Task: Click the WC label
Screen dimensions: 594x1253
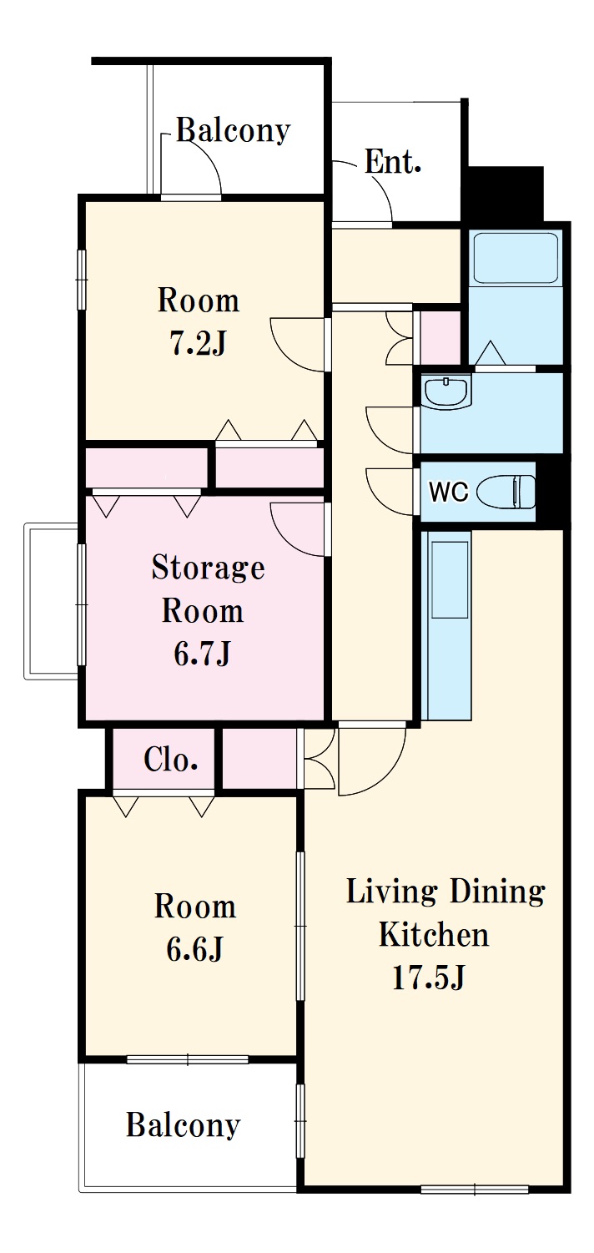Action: point(448,492)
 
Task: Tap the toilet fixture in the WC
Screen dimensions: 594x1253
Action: point(507,492)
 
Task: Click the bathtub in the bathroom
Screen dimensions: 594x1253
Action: point(516,258)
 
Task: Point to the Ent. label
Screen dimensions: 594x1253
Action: point(392,162)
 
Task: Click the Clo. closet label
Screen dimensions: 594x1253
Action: point(170,760)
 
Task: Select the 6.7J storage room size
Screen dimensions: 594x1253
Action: point(202,653)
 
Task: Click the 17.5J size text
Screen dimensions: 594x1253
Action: point(429,978)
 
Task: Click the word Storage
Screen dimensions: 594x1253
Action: point(208,568)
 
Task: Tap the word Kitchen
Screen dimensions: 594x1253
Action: point(434,934)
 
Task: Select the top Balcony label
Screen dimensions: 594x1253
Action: point(233,131)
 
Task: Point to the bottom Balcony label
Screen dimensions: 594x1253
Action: point(183,1124)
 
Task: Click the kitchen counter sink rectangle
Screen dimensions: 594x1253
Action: point(450,579)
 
